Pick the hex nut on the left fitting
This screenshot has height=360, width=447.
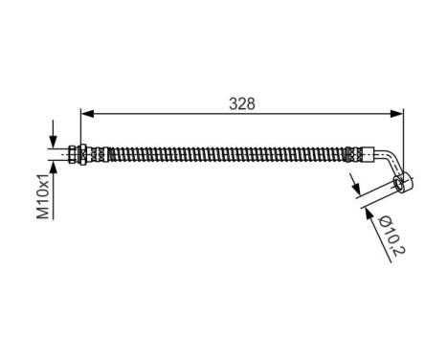(86, 151)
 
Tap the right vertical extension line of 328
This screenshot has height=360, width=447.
(403, 134)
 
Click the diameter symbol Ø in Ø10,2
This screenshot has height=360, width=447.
(382, 223)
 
